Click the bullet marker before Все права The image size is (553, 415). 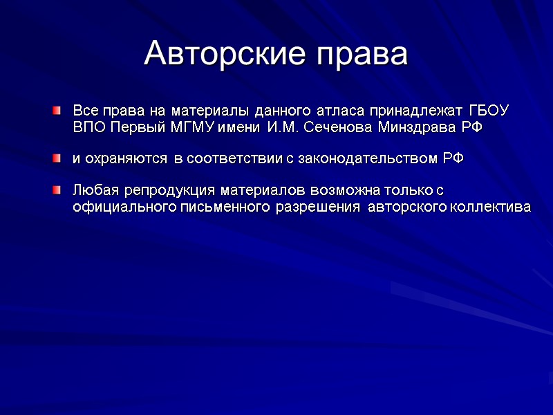[x=57, y=111]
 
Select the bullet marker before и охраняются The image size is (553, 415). [x=57, y=159]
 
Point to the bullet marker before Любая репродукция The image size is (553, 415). [x=57, y=190]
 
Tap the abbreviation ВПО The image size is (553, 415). [x=90, y=128]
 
